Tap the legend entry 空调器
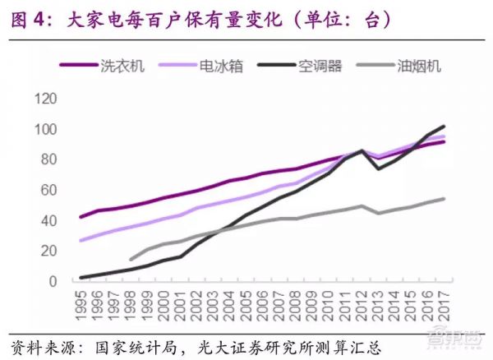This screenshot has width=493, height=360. [x=316, y=66]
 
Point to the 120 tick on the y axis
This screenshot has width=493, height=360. [x=46, y=99]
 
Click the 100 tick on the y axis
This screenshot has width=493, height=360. [x=46, y=130]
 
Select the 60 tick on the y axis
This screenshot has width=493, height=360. [x=49, y=191]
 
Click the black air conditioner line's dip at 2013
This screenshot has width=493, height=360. [x=379, y=168]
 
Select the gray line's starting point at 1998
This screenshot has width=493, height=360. [x=131, y=260]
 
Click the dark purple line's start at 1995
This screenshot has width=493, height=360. [x=81, y=217]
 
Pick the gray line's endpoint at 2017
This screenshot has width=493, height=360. [x=445, y=198]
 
